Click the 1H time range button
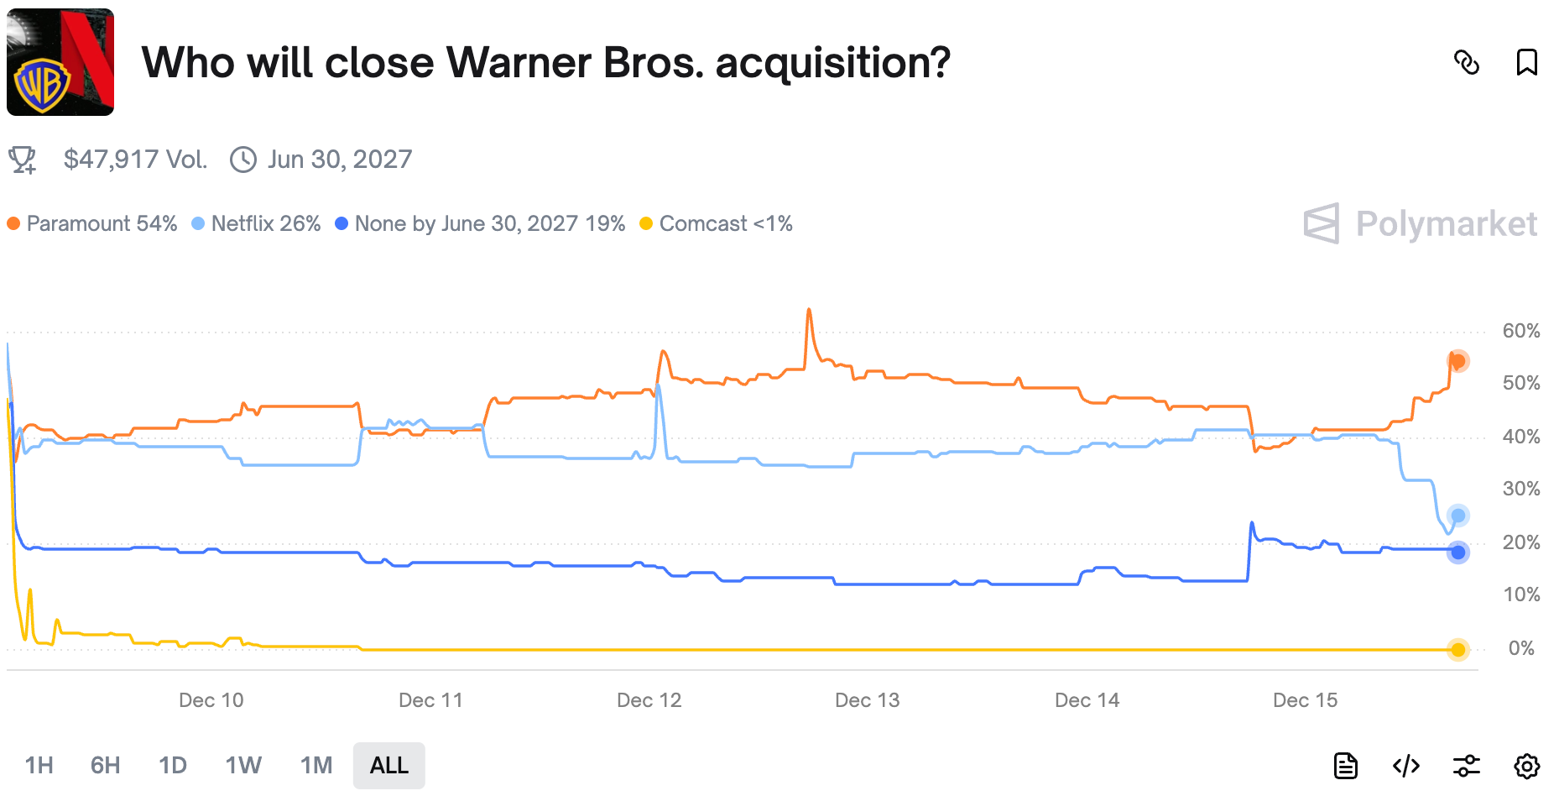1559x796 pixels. pyautogui.click(x=39, y=765)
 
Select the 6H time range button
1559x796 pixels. pyautogui.click(x=106, y=765)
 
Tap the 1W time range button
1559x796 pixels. pyautogui.click(x=243, y=765)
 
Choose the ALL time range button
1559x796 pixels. pyautogui.click(x=388, y=765)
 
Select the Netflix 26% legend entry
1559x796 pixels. pyautogui.click(x=257, y=223)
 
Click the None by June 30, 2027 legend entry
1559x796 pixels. pyautogui.click(x=480, y=223)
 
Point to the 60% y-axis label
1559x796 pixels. pyautogui.click(x=1520, y=331)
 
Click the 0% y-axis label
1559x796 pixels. pyautogui.click(x=1520, y=648)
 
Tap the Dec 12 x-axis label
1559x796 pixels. pyautogui.click(x=649, y=700)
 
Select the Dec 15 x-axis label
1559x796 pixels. pyautogui.click(x=1305, y=700)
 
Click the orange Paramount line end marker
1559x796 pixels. pyautogui.click(x=1457, y=361)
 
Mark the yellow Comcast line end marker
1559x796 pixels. pyautogui.click(x=1457, y=649)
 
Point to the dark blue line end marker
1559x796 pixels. pyautogui.click(x=1457, y=552)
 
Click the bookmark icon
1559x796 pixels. pyautogui.click(x=1526, y=62)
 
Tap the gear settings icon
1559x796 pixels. pyautogui.click(x=1526, y=766)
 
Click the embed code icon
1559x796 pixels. pyautogui.click(x=1406, y=766)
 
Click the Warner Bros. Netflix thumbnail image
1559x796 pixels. pyautogui.click(x=60, y=62)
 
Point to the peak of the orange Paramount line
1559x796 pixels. pyautogui.click(x=809, y=310)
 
